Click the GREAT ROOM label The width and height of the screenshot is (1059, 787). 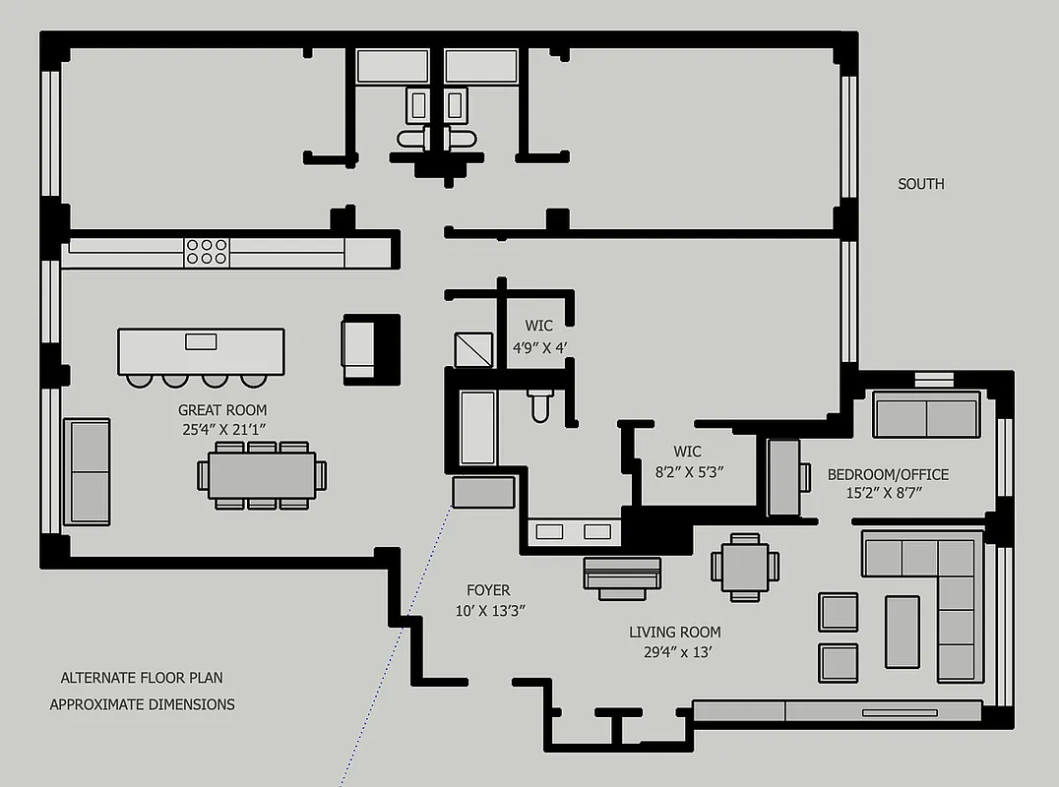(x=221, y=409)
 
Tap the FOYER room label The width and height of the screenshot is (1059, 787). (x=488, y=590)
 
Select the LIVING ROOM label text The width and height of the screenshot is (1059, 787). (x=674, y=633)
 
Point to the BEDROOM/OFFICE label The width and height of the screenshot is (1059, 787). (x=888, y=474)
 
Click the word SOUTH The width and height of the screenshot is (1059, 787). (x=920, y=184)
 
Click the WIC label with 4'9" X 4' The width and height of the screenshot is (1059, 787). (x=538, y=326)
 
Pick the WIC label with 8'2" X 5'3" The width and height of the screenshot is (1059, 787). (x=687, y=452)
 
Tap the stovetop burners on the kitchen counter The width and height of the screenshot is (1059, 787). (x=207, y=252)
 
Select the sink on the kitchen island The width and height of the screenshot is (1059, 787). (x=201, y=341)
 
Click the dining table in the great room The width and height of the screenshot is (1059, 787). (x=262, y=475)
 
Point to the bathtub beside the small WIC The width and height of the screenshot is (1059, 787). (x=477, y=428)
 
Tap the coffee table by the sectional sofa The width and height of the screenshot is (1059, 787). (x=902, y=632)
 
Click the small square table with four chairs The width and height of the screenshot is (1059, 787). (x=745, y=567)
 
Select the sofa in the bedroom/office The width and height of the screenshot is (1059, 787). (x=926, y=417)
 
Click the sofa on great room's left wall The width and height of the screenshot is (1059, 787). (x=87, y=471)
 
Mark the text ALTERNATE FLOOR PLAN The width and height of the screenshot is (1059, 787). (x=142, y=678)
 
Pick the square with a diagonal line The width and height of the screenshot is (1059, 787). (x=472, y=348)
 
